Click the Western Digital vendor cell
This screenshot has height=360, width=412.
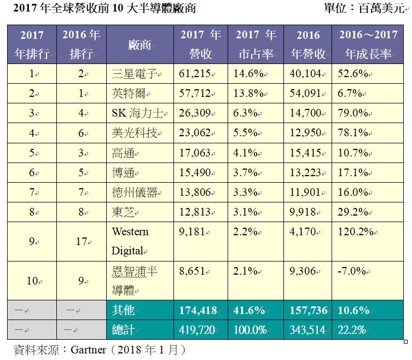130,241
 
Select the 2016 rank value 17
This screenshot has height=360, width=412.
81,241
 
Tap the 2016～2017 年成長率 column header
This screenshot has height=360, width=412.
368,44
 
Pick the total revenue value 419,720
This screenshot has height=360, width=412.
197,330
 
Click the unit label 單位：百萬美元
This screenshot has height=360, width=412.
364,8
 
